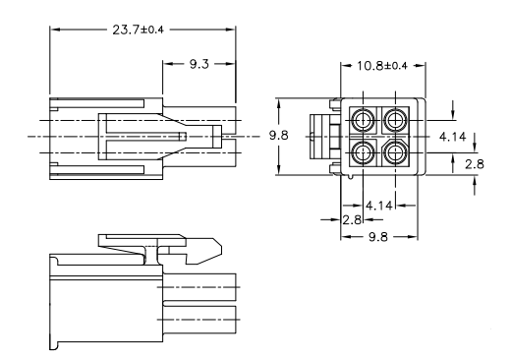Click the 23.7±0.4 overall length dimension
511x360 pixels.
pyautogui.click(x=138, y=30)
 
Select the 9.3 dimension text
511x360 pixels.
pyautogui.click(x=199, y=64)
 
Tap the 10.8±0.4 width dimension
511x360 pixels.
pyautogui.click(x=382, y=66)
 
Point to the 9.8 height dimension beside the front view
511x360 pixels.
pyautogui.click(x=279, y=135)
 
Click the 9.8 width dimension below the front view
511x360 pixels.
pyautogui.click(x=378, y=237)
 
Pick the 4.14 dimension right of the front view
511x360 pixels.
pyautogui.click(x=452, y=137)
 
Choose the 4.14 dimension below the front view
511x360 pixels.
pyautogui.click(x=379, y=206)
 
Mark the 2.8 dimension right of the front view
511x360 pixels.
pyautogui.click(x=475, y=164)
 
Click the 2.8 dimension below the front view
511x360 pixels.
pyautogui.click(x=352, y=220)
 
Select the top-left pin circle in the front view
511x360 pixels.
pyautogui.click(x=363, y=120)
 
